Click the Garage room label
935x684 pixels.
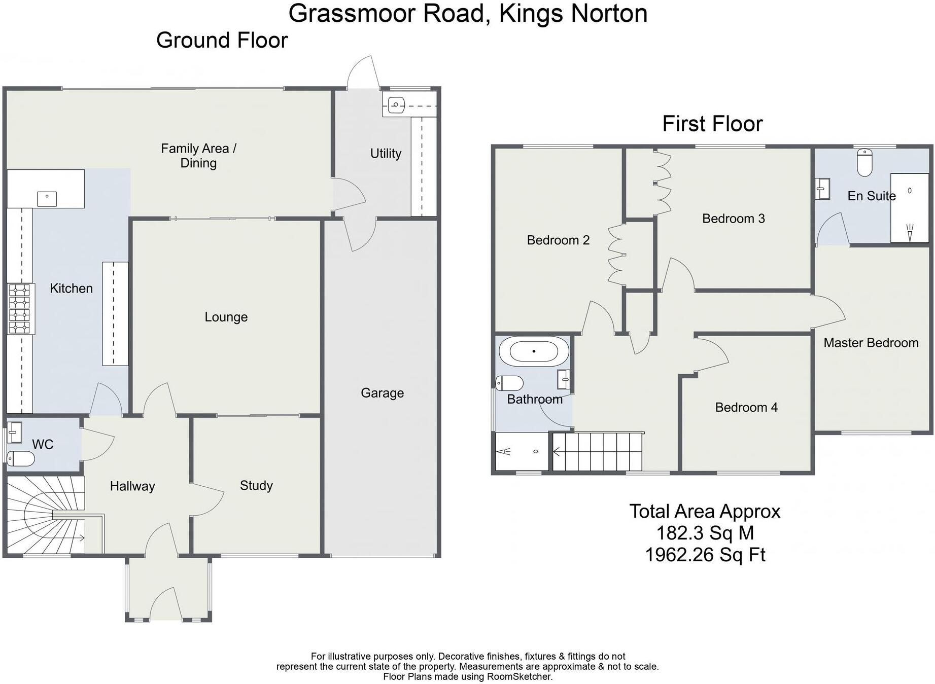[382, 393]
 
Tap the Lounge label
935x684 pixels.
[226, 317]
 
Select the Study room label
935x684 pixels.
[256, 486]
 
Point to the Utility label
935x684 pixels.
[386, 153]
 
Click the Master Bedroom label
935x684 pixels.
[871, 343]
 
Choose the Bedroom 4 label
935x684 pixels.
[746, 407]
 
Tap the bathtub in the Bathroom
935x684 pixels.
[534, 351]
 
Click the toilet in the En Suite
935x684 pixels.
[864, 162]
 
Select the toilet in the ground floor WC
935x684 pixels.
[21, 459]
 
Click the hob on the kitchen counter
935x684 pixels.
[20, 309]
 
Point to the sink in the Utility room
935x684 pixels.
[396, 105]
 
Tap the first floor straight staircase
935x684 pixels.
[597, 451]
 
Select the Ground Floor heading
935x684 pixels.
[222, 40]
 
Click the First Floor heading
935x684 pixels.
[712, 124]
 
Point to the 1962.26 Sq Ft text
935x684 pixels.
[705, 555]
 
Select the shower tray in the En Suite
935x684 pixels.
[910, 208]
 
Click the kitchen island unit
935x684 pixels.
[116, 313]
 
